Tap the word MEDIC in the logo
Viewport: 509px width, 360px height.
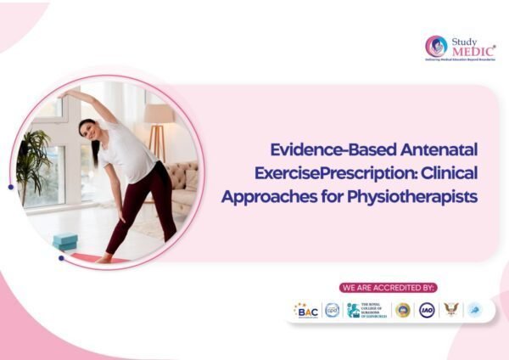click(471, 49)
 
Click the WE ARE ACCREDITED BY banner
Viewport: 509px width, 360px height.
click(387, 288)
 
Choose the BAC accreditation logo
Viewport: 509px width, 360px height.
click(306, 311)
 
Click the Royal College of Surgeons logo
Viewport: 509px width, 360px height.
click(367, 311)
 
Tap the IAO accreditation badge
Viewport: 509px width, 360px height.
click(426, 311)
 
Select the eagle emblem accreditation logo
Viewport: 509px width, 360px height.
click(450, 311)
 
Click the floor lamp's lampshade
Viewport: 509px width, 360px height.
click(159, 114)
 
